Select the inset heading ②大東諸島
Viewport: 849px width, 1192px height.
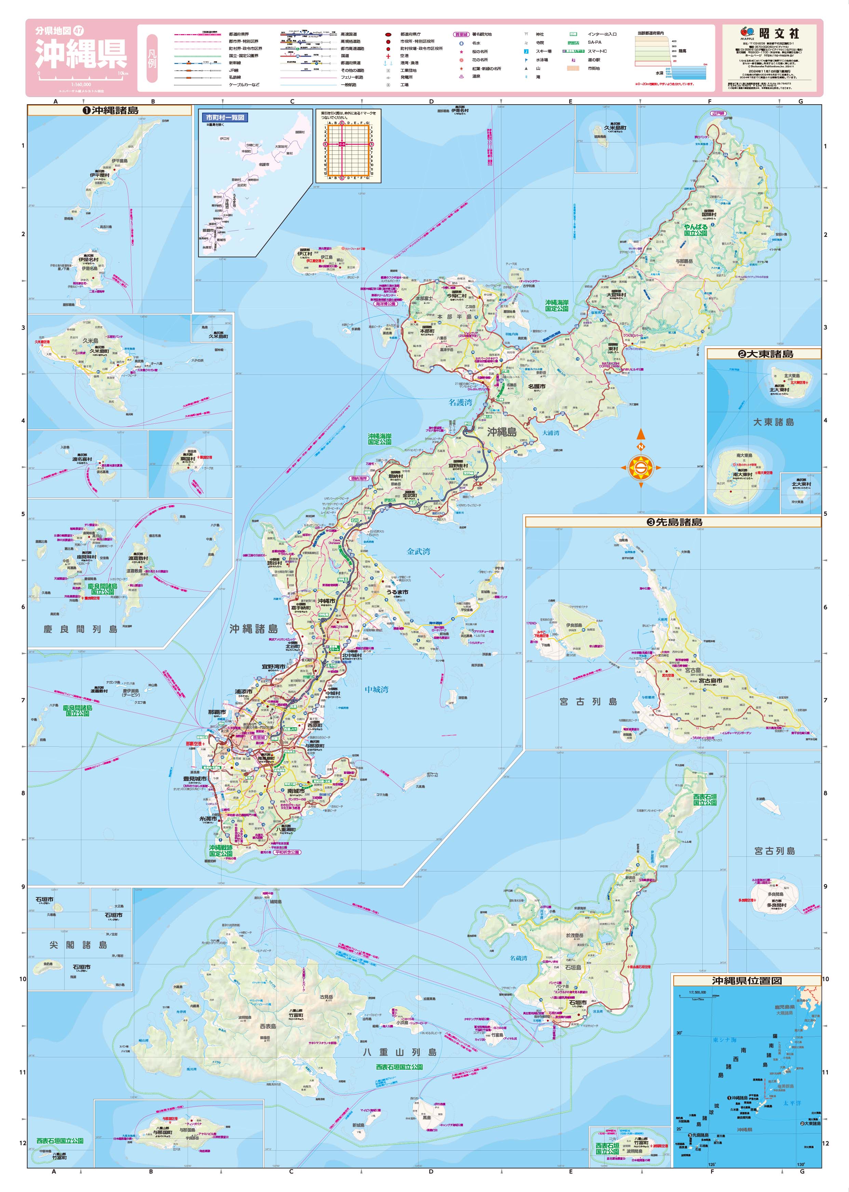pyautogui.click(x=764, y=354)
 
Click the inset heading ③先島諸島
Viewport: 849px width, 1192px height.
pyautogui.click(x=673, y=521)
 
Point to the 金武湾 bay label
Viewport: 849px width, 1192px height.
pyautogui.click(x=418, y=551)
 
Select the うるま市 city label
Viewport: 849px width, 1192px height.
pyautogui.click(x=397, y=592)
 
